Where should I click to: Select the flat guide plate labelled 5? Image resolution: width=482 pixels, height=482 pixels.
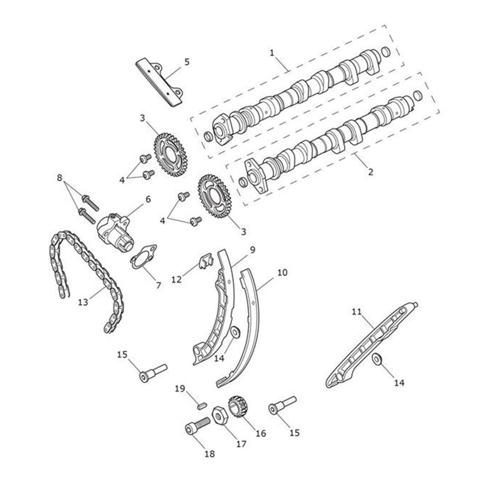coord(159,82)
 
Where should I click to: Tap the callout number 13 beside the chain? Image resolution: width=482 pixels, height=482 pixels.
coord(83,302)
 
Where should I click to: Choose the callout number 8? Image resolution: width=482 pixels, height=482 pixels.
coord(59,178)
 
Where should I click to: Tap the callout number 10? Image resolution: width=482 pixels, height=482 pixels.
coord(282,272)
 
